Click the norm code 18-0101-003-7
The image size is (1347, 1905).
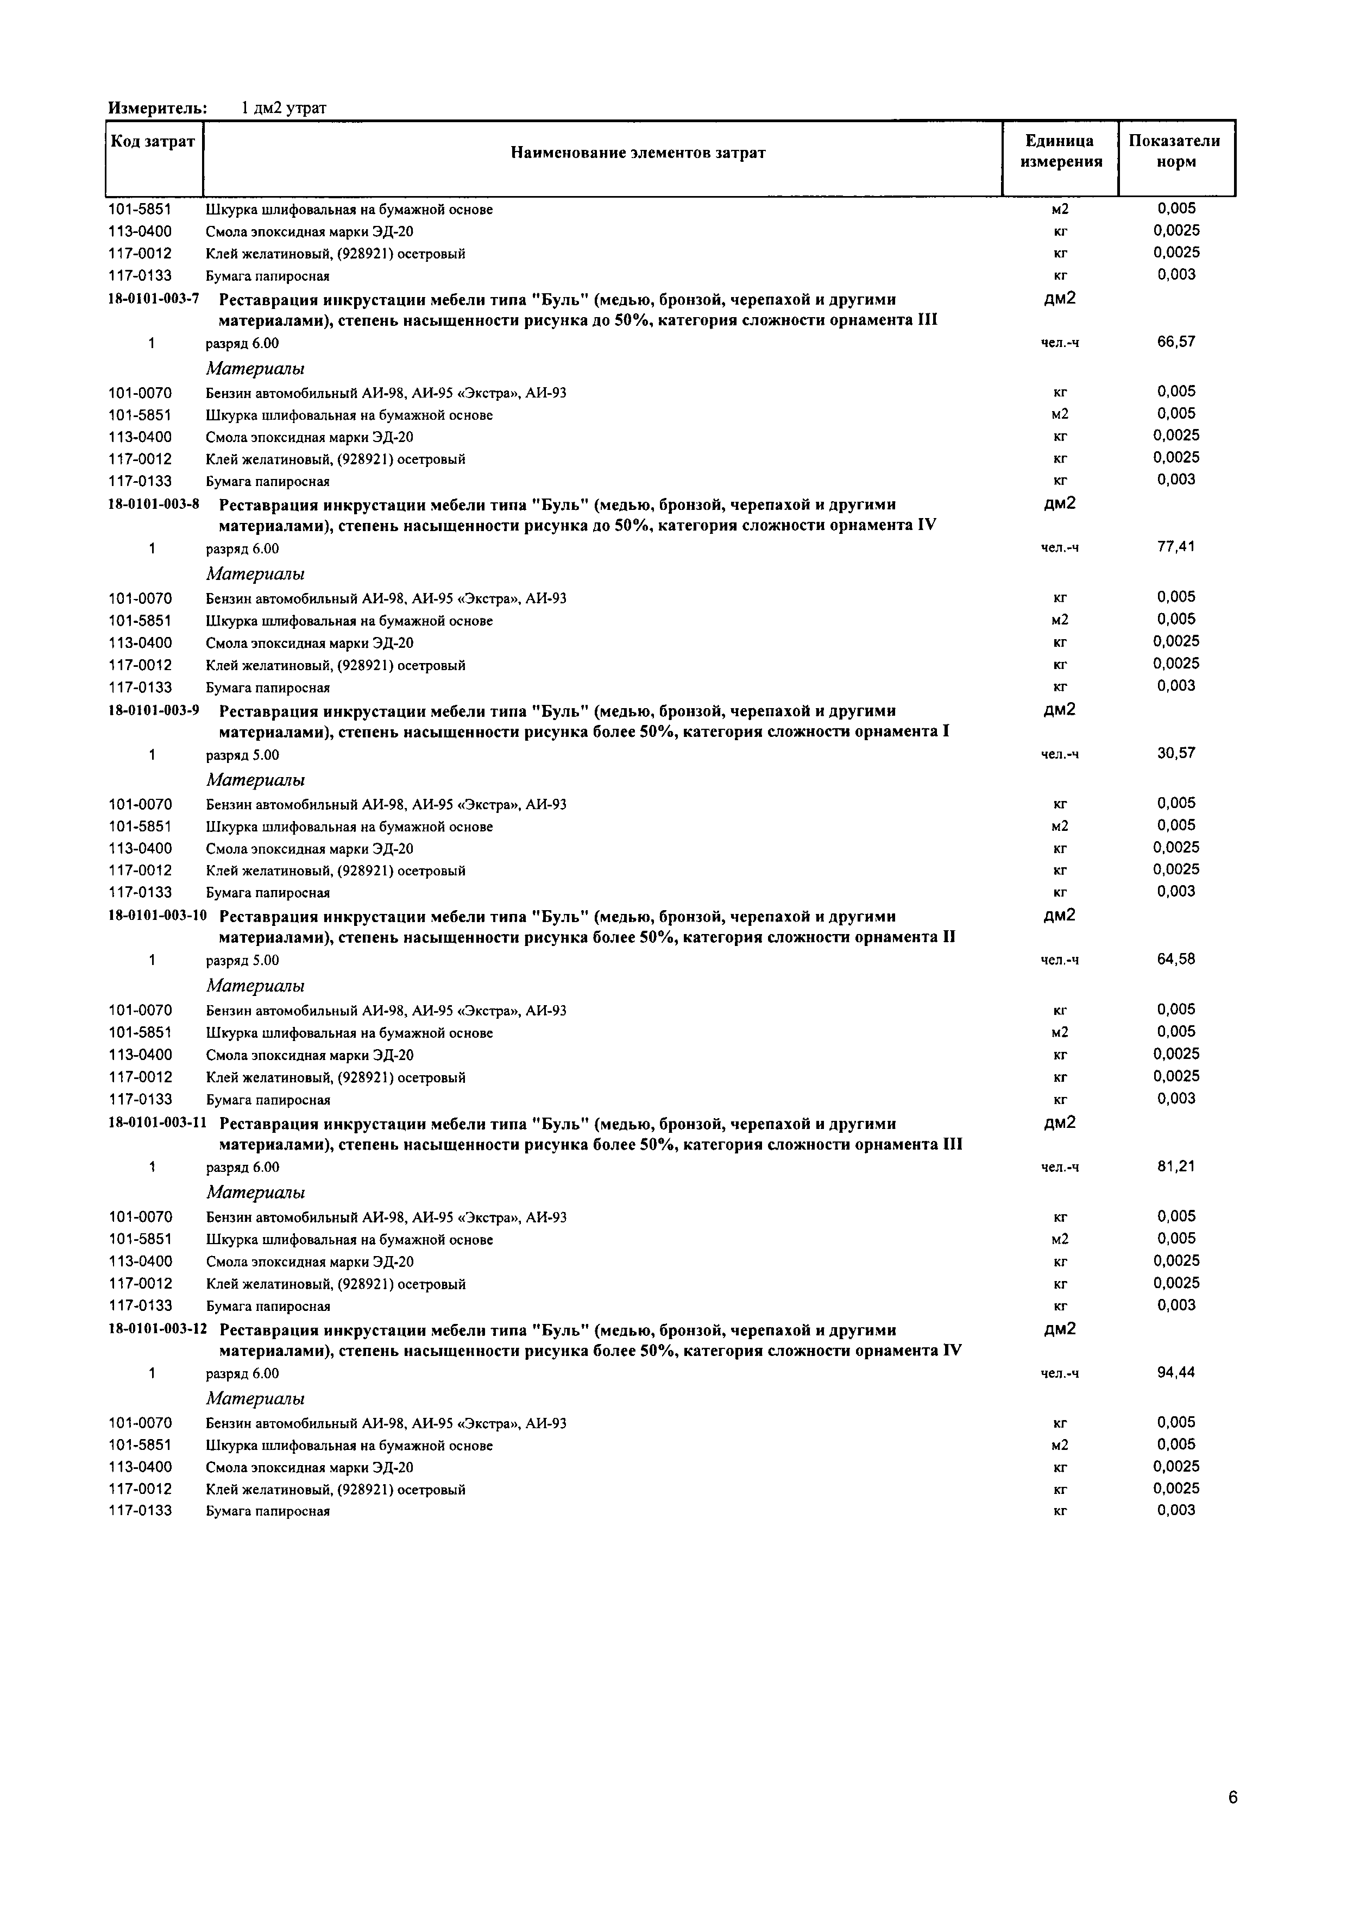154,300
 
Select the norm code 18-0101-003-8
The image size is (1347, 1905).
154,504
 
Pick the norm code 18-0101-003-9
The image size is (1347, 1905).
154,711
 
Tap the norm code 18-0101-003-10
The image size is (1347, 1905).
157,917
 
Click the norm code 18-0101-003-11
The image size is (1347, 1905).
157,1124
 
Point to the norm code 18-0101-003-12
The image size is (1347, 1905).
157,1330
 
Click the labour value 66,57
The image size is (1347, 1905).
1176,342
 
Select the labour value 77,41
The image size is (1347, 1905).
1176,547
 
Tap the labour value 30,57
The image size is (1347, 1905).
1176,753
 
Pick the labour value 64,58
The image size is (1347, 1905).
1176,959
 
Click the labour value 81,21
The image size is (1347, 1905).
1176,1166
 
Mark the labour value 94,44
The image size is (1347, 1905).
1176,1372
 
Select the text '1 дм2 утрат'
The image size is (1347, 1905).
284,109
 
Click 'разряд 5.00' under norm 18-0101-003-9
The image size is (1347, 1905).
242,755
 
